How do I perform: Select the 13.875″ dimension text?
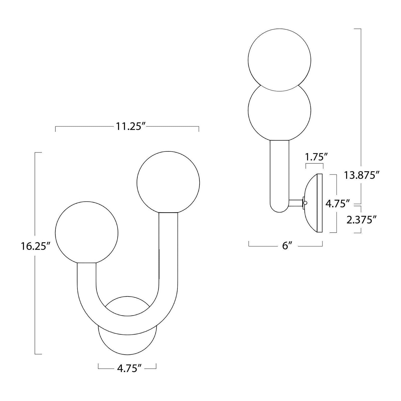click(360, 175)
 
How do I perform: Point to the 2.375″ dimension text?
click(361, 220)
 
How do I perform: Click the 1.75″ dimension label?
click(316, 157)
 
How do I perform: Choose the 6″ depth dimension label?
click(285, 246)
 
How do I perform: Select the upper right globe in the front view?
click(168, 182)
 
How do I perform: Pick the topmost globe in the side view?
click(279, 60)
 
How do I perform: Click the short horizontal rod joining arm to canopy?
click(296, 203)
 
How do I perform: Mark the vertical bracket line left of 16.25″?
click(35, 301)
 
